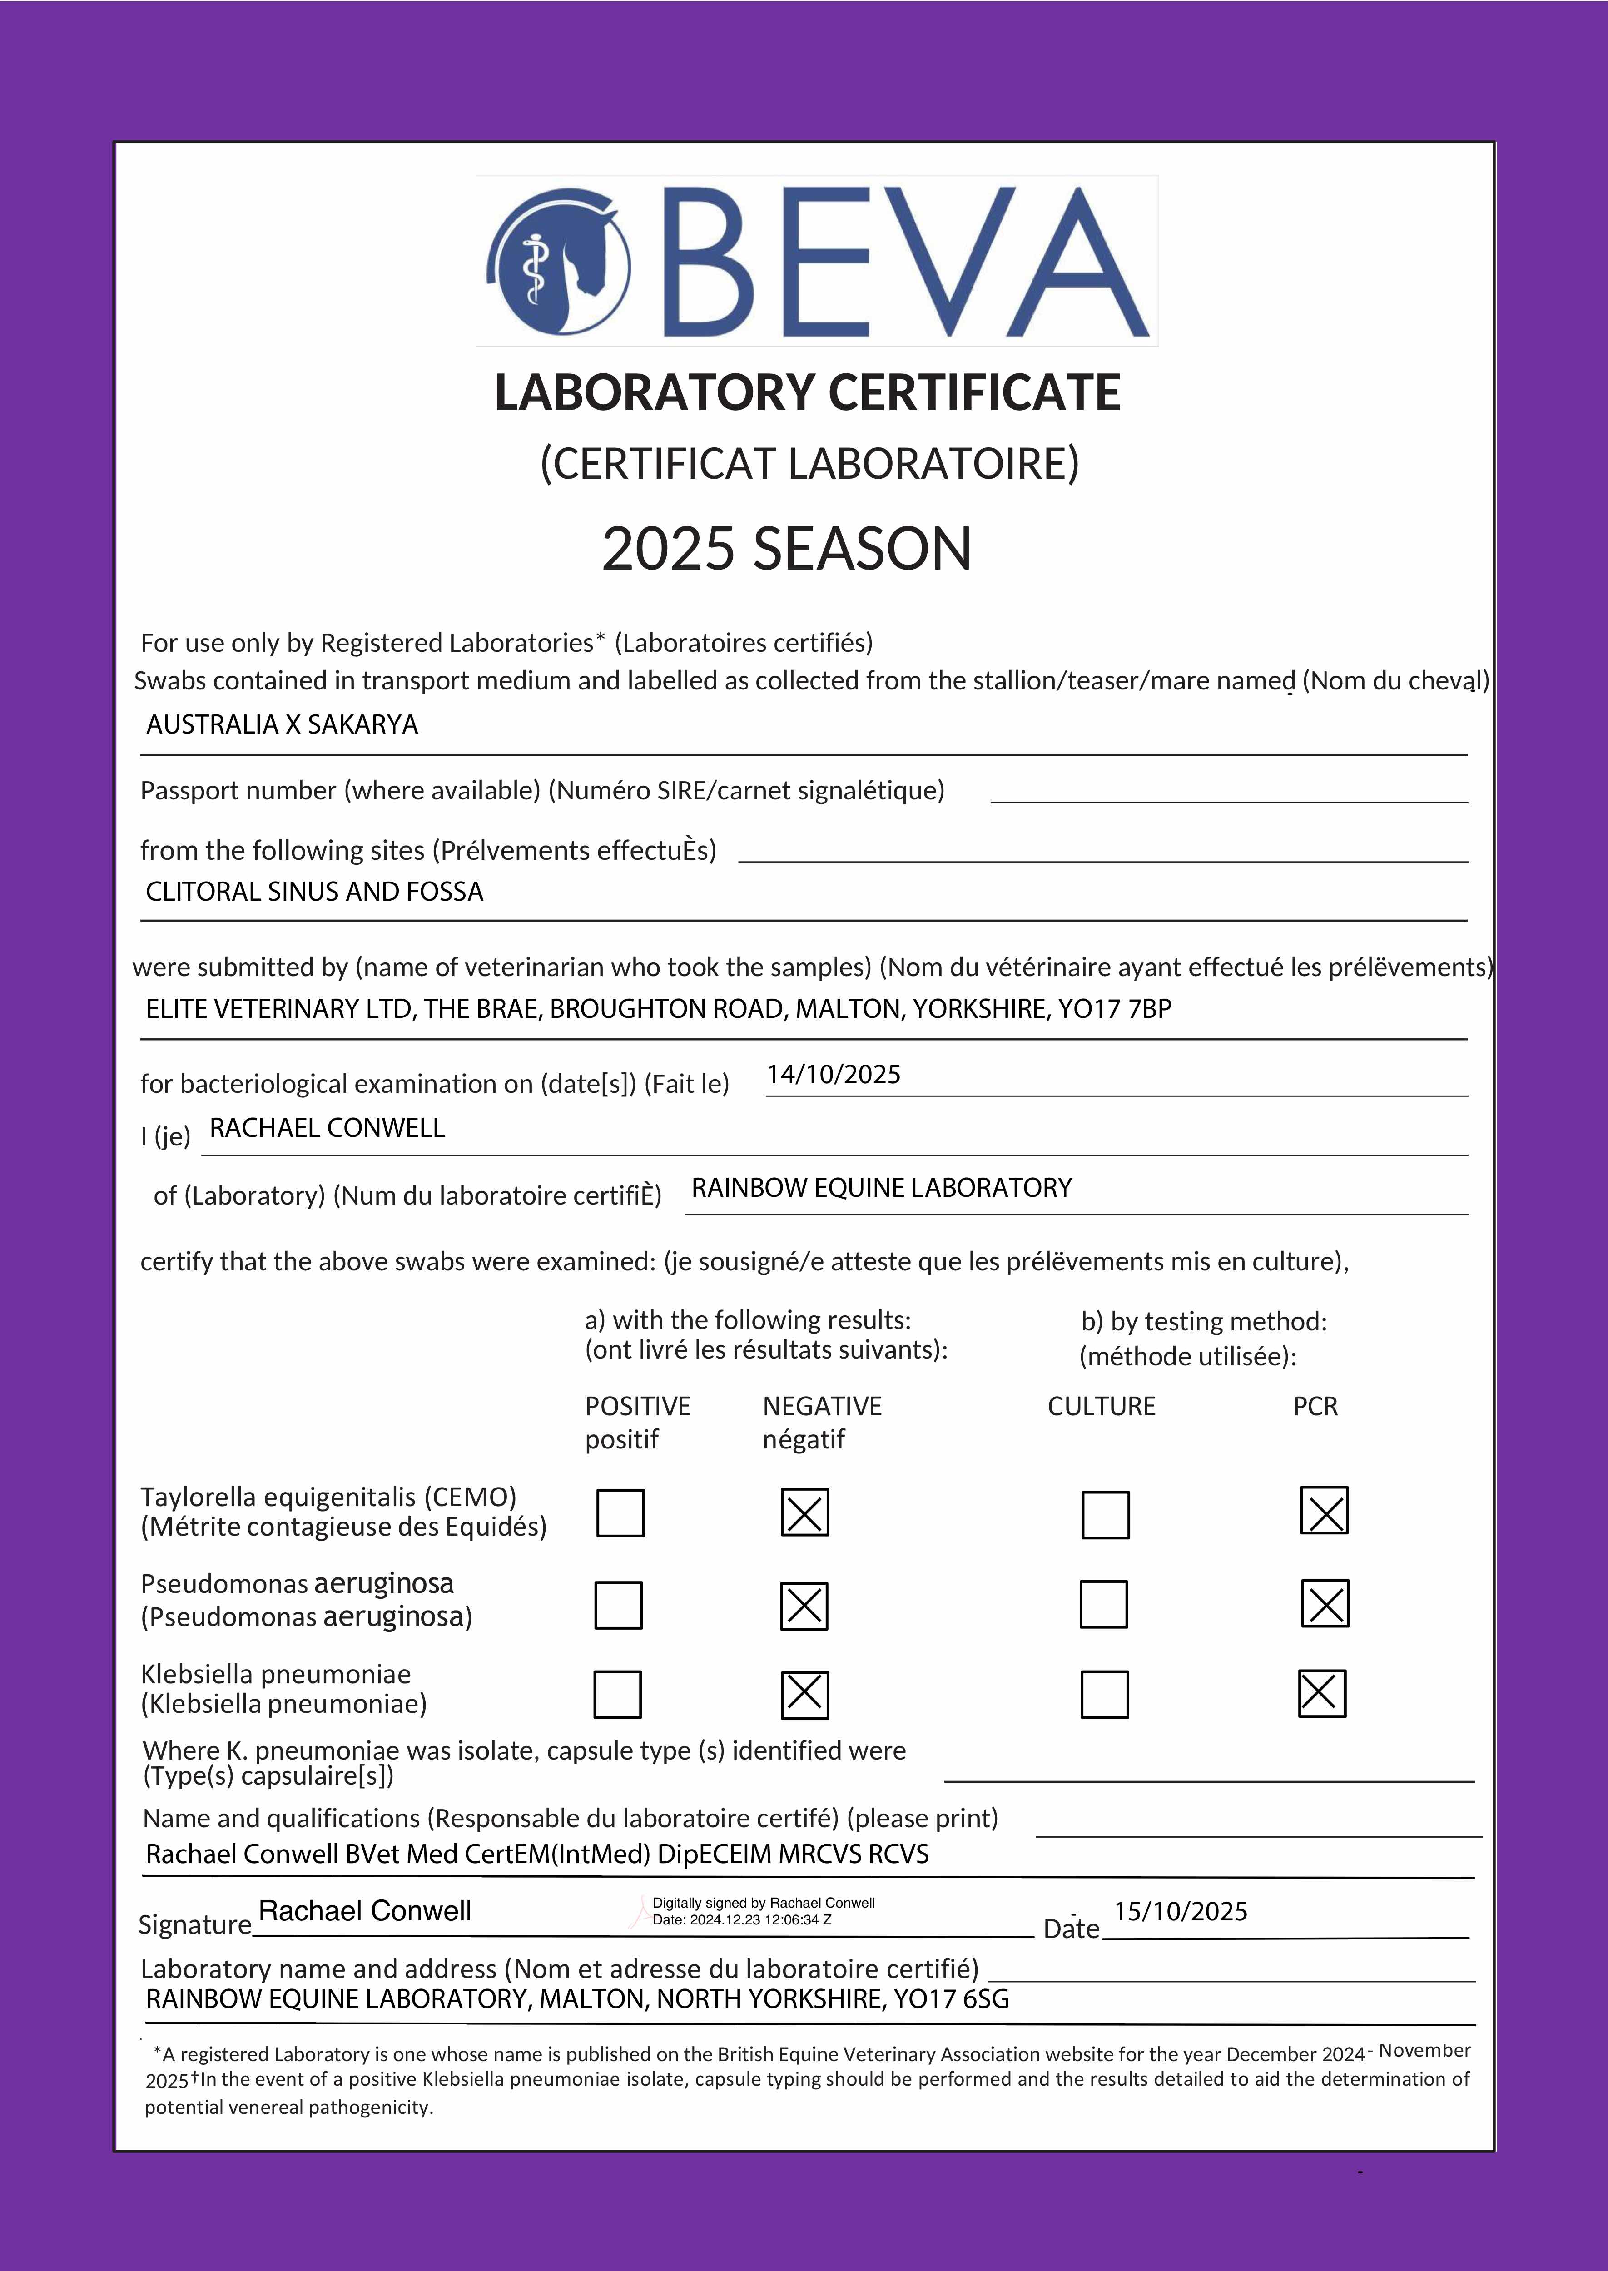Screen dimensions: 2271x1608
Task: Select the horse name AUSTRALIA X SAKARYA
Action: coord(282,724)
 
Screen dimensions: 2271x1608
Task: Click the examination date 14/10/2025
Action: coord(834,1075)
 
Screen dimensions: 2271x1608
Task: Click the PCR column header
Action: coord(1315,1407)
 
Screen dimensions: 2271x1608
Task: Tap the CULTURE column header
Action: coord(1101,1407)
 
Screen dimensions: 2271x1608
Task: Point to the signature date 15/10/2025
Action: coord(1180,1912)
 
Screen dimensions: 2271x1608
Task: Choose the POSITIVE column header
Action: coord(638,1407)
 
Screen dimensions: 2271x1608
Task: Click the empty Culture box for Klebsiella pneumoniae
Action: coord(1104,1695)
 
